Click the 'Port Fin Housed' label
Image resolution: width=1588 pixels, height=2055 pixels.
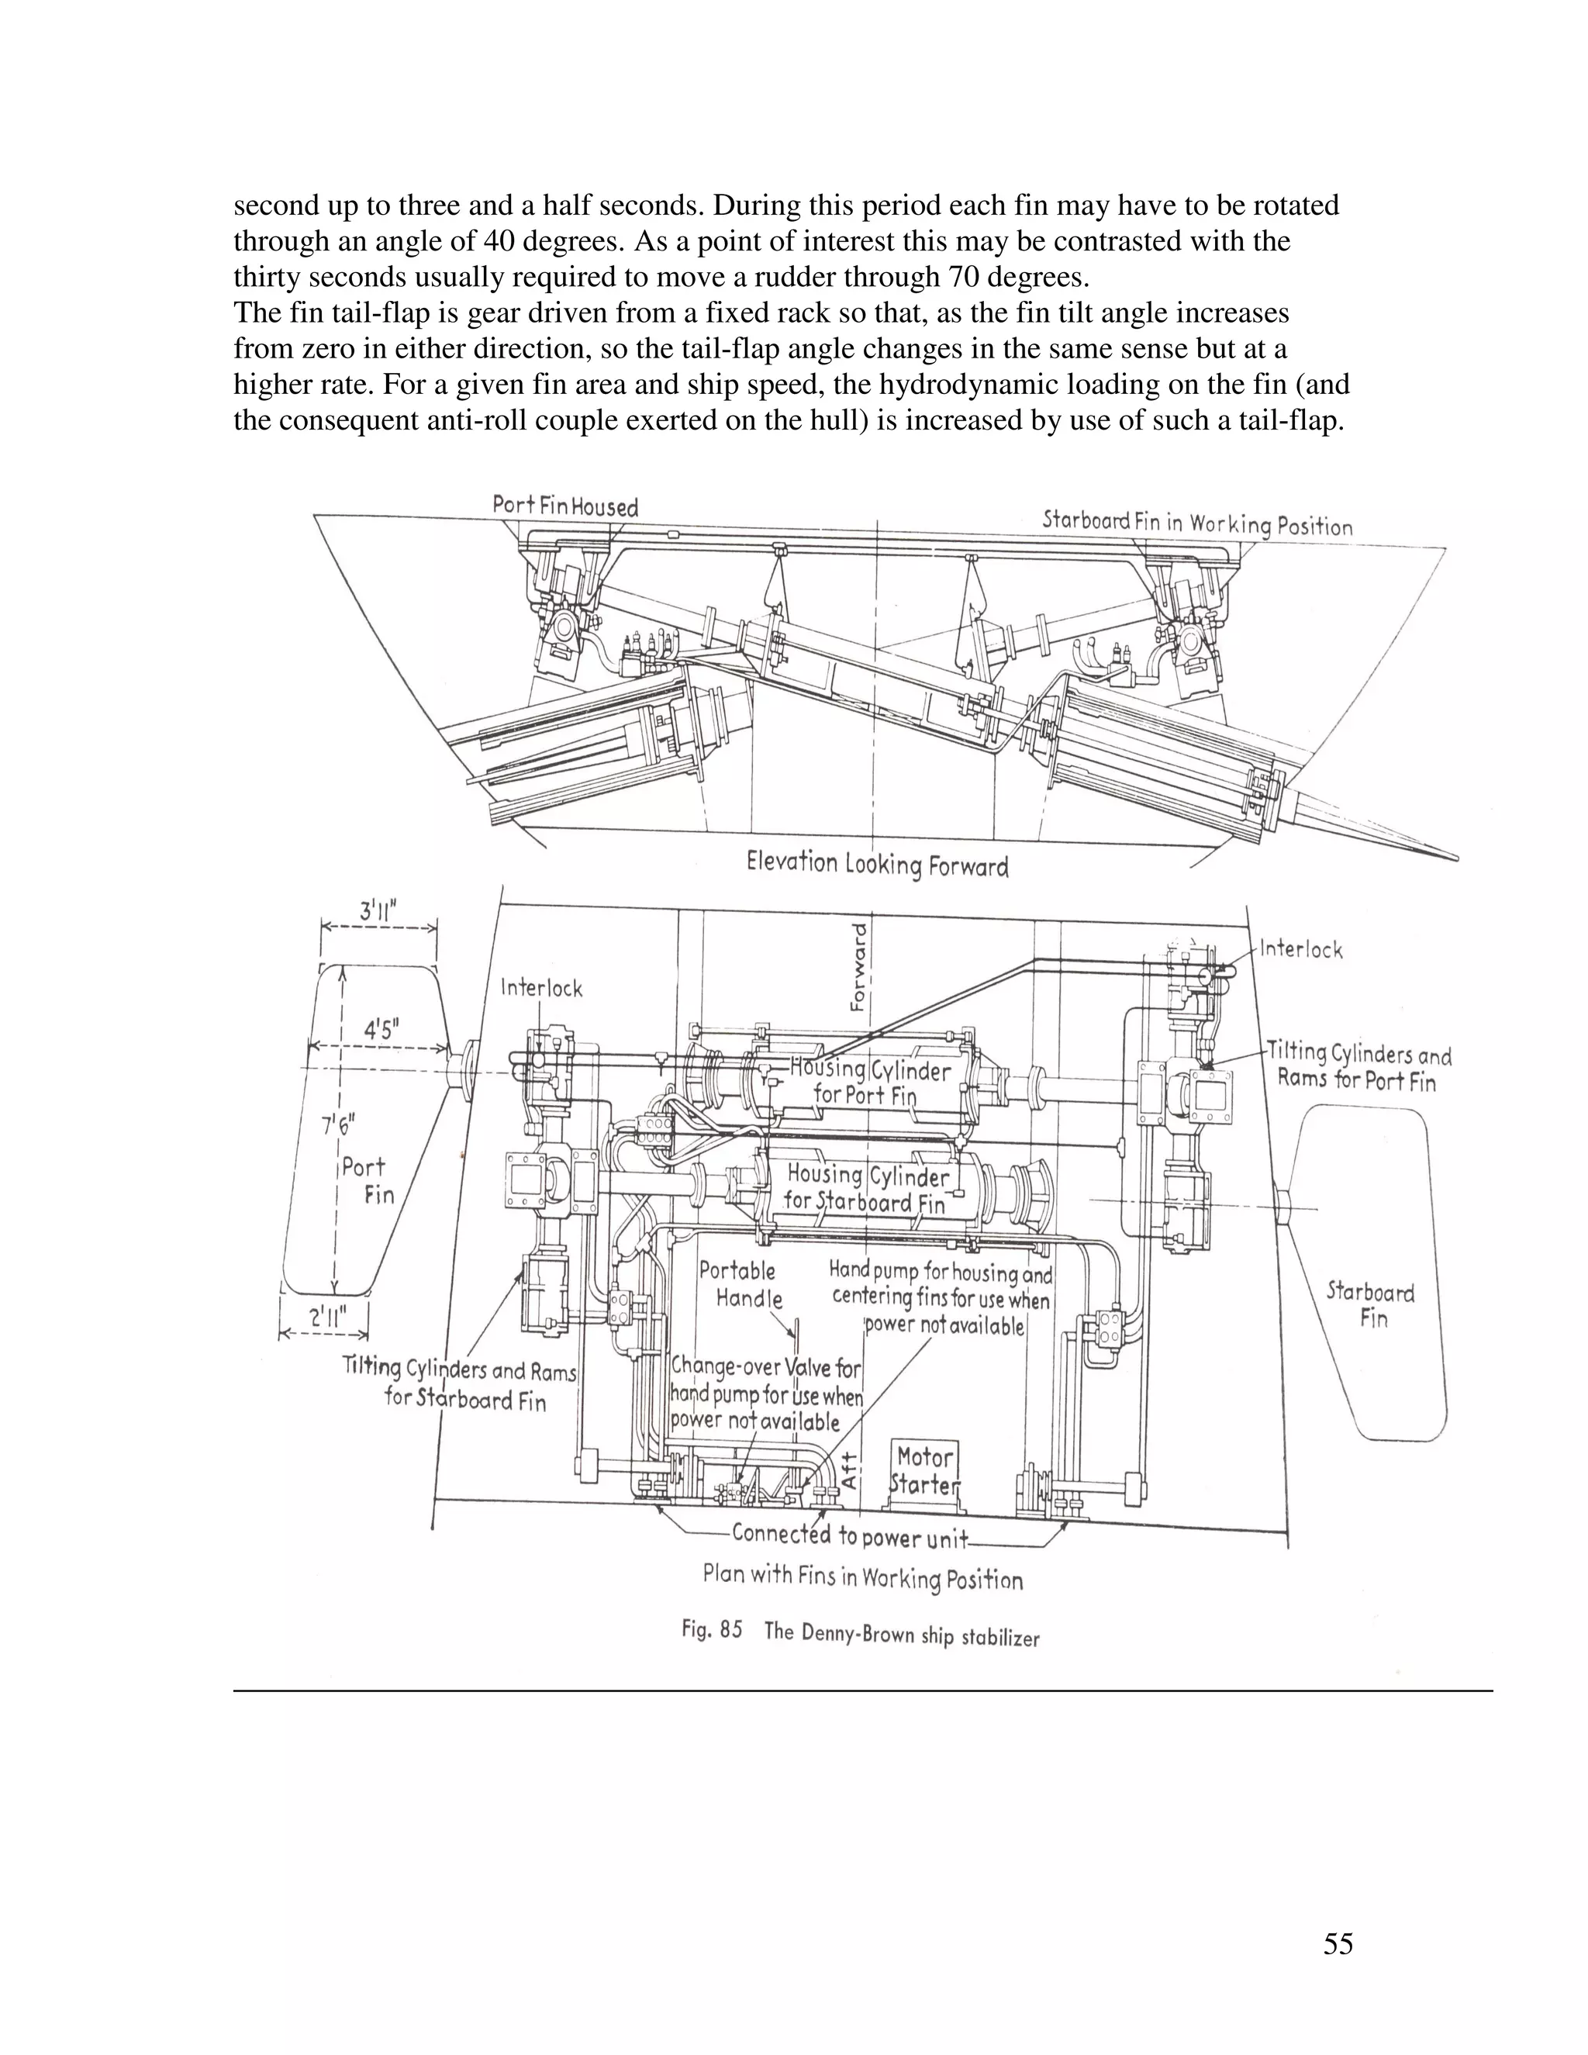coord(565,506)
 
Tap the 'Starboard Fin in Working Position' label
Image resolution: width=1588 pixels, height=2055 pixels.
coord(1196,523)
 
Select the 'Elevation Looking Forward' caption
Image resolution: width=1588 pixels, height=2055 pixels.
coord(877,864)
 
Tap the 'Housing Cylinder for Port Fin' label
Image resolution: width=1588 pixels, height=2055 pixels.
coord(868,1081)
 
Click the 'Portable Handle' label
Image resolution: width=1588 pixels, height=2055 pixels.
coord(740,1284)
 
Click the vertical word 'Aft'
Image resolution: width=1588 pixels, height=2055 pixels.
coord(850,1470)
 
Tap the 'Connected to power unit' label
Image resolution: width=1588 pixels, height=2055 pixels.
coord(850,1535)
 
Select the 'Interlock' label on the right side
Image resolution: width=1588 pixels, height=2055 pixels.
coord(1301,948)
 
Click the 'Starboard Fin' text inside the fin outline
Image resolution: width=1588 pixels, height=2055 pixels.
coord(1371,1304)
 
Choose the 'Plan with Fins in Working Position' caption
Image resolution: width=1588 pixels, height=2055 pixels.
coord(863,1576)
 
